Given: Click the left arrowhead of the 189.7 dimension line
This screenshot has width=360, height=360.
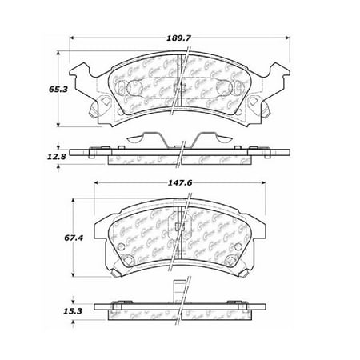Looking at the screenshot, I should [x=73, y=37].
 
